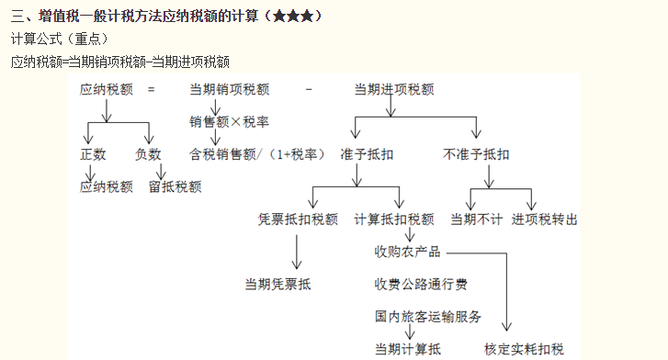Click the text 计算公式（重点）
click(59, 39)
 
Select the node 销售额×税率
click(229, 121)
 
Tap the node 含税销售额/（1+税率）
click(256, 154)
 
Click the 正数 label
click(93, 154)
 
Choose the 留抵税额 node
click(175, 186)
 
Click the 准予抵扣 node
click(367, 154)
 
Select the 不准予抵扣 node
click(476, 154)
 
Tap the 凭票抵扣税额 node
click(299, 219)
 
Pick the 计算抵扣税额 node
click(394, 219)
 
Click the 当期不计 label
click(476, 219)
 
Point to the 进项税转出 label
click(545, 219)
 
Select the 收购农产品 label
click(407, 252)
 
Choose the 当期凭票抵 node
click(278, 284)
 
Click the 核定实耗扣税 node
click(524, 349)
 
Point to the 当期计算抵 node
click(407, 349)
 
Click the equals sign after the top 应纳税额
click(152, 89)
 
